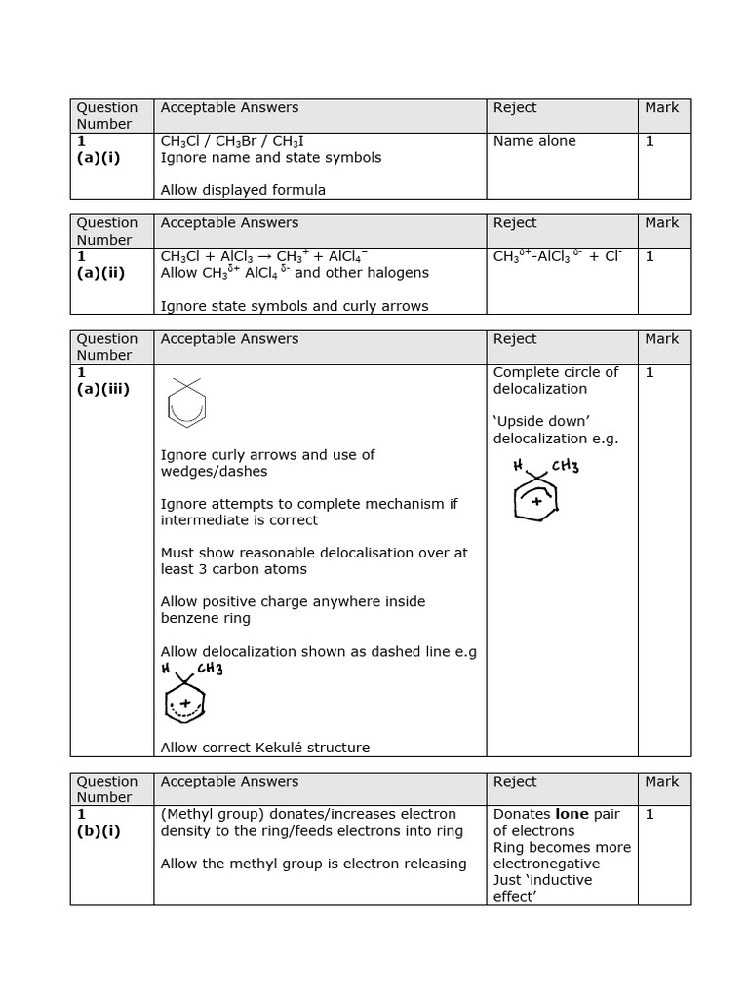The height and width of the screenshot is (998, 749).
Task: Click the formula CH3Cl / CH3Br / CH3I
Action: [x=232, y=141]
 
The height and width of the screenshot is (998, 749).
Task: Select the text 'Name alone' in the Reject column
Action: [x=534, y=141]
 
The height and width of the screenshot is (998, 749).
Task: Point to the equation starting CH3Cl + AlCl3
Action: [x=264, y=257]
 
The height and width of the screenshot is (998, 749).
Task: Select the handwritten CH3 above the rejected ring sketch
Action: [x=565, y=466]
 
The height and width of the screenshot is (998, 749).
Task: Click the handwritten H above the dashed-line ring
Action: [x=166, y=669]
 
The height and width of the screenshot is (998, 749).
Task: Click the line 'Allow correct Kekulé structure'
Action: [x=265, y=748]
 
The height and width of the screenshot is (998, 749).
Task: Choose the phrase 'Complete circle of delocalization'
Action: [x=556, y=380]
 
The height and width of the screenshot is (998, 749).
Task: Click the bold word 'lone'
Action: [x=572, y=814]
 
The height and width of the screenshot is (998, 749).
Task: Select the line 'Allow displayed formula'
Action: [x=243, y=190]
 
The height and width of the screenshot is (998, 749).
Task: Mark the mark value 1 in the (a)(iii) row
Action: [x=649, y=372]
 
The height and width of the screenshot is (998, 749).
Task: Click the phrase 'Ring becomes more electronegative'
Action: [x=562, y=856]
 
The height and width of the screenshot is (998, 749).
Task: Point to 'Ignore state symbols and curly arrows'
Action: [x=295, y=306]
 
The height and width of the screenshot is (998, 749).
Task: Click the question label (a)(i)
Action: [x=99, y=158]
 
